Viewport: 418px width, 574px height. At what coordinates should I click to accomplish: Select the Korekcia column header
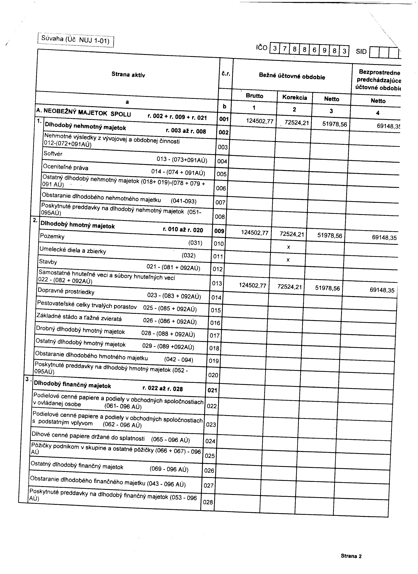[295, 97]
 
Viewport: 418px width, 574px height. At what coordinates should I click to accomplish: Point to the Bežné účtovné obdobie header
[292, 76]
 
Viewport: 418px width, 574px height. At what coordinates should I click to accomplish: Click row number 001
[224, 119]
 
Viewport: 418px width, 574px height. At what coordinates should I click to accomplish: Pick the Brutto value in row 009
[255, 232]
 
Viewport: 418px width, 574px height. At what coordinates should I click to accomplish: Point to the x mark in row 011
[288, 260]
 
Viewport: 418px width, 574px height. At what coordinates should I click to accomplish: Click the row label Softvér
[53, 154]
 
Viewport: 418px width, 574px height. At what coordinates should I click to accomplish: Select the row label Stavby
[48, 262]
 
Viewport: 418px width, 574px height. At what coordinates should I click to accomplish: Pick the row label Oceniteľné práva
[66, 167]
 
